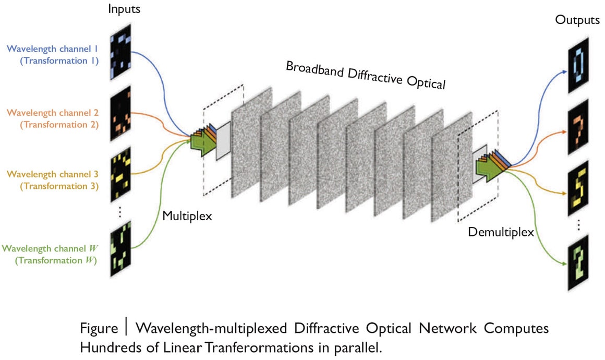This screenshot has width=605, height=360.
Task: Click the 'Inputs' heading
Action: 124,9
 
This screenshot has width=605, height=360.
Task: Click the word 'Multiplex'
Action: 187,215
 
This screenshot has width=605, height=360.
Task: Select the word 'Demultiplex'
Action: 501,232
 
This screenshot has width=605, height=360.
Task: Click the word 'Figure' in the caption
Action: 99,329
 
